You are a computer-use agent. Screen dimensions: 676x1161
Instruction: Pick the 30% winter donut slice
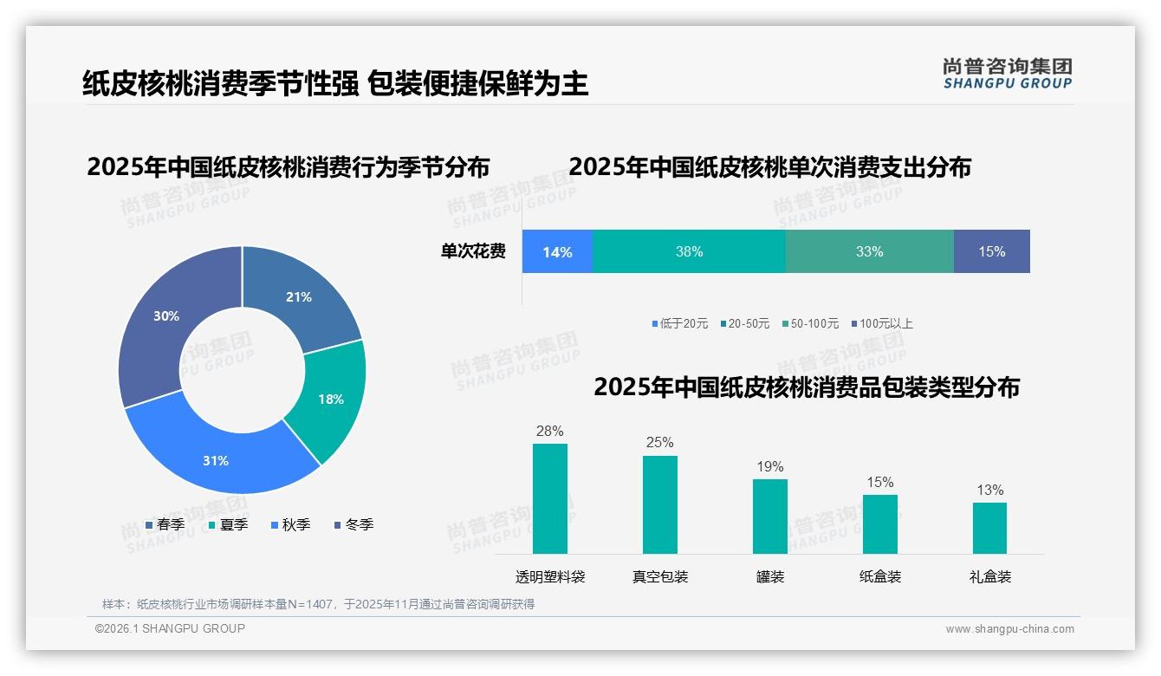click(x=166, y=316)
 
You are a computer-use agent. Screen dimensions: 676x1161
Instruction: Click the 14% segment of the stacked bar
click(x=557, y=251)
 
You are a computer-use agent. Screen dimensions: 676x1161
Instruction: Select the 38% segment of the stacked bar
click(x=689, y=251)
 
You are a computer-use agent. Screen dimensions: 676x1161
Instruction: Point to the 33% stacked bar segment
click(x=869, y=251)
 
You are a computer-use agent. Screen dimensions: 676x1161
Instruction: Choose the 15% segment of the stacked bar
click(x=991, y=251)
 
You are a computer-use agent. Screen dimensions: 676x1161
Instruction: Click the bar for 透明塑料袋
click(x=550, y=498)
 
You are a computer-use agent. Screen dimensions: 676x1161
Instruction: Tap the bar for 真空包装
click(x=660, y=504)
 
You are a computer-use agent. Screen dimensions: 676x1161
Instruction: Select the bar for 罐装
click(x=769, y=517)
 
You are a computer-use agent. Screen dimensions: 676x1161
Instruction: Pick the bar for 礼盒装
click(x=989, y=528)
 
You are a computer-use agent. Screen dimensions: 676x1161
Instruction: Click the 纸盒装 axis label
click(x=880, y=576)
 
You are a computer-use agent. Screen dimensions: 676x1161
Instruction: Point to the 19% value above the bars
click(x=769, y=467)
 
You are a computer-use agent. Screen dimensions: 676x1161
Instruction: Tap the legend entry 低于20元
click(x=679, y=323)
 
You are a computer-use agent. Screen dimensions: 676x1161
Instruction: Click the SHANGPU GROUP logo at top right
click(x=1008, y=74)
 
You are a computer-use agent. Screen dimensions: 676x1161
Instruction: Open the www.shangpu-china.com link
click(x=1009, y=629)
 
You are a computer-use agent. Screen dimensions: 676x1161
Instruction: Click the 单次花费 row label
click(x=473, y=251)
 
